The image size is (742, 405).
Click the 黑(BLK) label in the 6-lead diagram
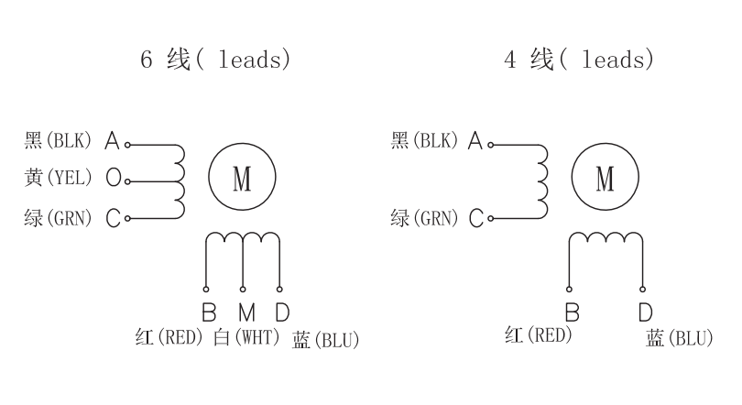coord(58,140)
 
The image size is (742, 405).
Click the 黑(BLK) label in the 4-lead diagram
coord(423,140)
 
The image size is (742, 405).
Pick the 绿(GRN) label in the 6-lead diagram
coord(58,219)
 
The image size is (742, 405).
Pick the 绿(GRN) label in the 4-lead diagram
coord(423,219)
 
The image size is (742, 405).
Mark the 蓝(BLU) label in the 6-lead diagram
coord(325,341)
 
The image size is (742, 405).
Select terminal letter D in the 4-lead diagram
coord(645,312)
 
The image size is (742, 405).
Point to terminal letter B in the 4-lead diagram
coord(572,312)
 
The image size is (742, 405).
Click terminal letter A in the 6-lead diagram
coord(113,141)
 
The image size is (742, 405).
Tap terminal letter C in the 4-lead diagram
coord(476,219)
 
